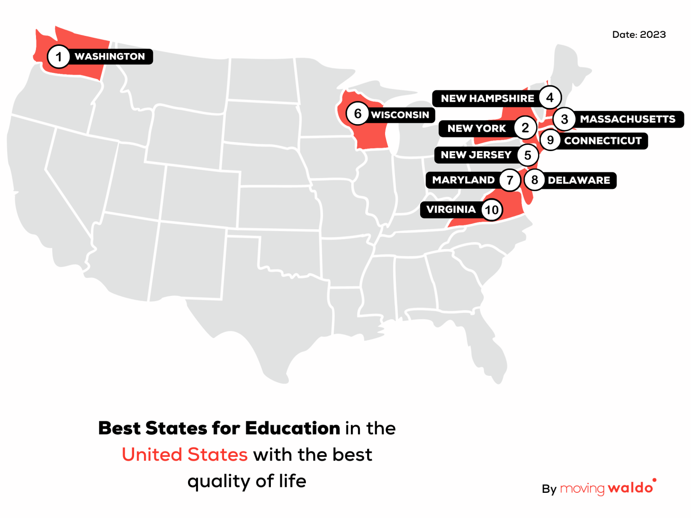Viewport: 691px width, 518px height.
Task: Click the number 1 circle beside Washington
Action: pyautogui.click(x=58, y=57)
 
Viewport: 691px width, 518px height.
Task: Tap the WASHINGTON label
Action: pyautogui.click(x=110, y=57)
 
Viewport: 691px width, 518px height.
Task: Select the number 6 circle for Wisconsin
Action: pyautogui.click(x=358, y=114)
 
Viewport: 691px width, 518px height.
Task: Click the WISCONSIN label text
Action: pyautogui.click(x=400, y=115)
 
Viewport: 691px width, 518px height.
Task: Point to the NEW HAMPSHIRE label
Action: pyautogui.click(x=487, y=98)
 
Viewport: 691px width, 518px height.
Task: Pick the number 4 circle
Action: pyautogui.click(x=550, y=98)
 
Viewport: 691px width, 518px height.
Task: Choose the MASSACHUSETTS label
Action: pyautogui.click(x=628, y=119)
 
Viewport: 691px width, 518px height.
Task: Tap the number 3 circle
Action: pyautogui.click(x=565, y=120)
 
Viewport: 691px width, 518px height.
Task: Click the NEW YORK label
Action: pyautogui.click(x=476, y=129)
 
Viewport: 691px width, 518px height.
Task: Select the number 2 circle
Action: pyautogui.click(x=525, y=128)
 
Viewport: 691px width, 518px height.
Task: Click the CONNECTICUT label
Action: pyautogui.click(x=603, y=141)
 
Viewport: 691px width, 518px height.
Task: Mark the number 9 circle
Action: pyautogui.click(x=550, y=140)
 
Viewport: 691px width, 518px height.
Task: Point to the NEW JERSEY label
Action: pyautogui.click(x=476, y=155)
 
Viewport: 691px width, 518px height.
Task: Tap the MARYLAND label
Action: pyautogui.click(x=463, y=180)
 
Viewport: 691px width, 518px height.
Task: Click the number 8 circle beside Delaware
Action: pyautogui.click(x=534, y=180)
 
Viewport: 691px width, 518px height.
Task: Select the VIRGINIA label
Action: pyautogui.click(x=451, y=210)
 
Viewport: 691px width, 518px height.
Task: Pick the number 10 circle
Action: pyautogui.click(x=492, y=210)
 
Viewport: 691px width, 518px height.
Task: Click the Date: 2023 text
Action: pyautogui.click(x=639, y=35)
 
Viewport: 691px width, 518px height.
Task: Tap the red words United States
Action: pyautogui.click(x=184, y=455)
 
